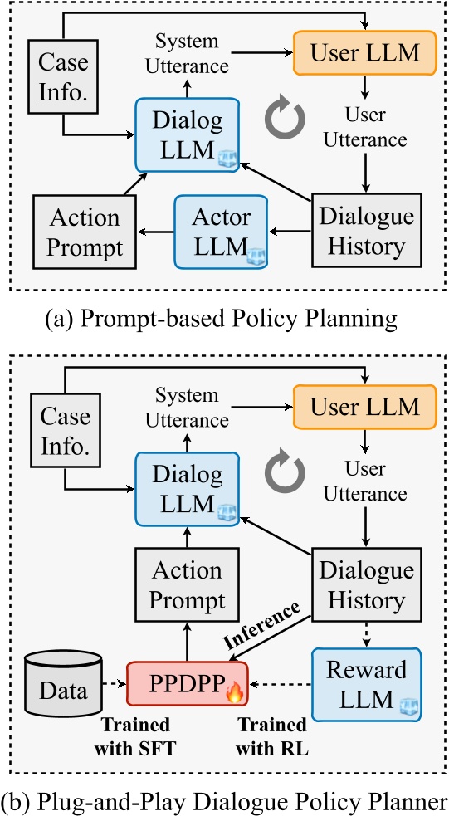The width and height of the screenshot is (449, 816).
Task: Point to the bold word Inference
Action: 265,625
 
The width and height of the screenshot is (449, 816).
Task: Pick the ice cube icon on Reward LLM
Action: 406,706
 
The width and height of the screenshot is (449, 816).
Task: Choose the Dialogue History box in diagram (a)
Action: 366,231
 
